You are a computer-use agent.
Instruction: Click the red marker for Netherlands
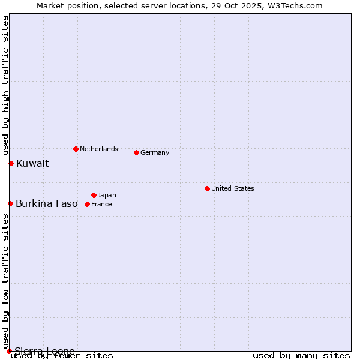[76, 149]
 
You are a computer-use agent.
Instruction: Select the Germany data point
[136, 152]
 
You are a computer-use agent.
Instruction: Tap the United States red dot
[207, 188]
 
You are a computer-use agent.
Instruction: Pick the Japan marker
[94, 195]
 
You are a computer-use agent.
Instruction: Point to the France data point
[87, 204]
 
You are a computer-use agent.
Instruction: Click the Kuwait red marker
[11, 163]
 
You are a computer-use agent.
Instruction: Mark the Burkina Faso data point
[10, 203]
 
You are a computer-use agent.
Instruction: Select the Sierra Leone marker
[9, 351]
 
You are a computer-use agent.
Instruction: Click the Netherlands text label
[99, 149]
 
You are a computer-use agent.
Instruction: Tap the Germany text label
[155, 152]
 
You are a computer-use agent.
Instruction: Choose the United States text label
[233, 188]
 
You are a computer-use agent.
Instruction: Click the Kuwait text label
[32, 163]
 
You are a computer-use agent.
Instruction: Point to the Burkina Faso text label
[47, 203]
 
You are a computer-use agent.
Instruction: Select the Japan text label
[107, 195]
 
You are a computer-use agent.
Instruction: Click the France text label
[101, 204]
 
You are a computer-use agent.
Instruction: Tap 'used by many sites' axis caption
[301, 355]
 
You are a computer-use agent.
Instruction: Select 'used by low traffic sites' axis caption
[5, 276]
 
